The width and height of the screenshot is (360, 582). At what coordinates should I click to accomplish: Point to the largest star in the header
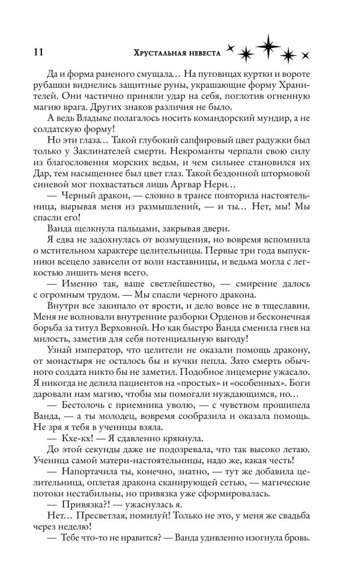(x=268, y=47)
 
